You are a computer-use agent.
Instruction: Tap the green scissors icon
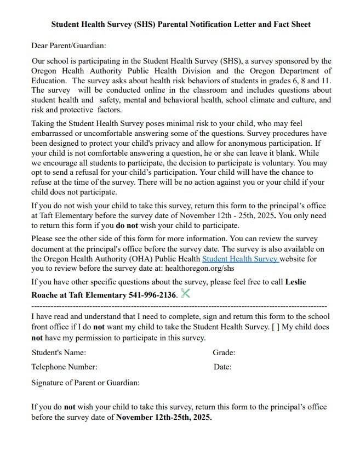pyautogui.click(x=185, y=293)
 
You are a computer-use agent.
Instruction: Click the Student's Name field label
pyautogui.click(x=59, y=352)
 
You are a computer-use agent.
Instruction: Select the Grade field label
pyautogui.click(x=224, y=352)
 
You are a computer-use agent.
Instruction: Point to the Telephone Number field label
pyautogui.click(x=64, y=367)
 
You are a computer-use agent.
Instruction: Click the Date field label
pyautogui.click(x=222, y=367)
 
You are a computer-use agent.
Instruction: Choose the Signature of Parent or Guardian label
pyautogui.click(x=85, y=382)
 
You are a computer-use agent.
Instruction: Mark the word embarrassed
pyautogui.click(x=55, y=133)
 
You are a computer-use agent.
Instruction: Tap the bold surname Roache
pyautogui.click(x=45, y=295)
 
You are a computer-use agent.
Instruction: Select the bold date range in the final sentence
pyautogui.click(x=164, y=417)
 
